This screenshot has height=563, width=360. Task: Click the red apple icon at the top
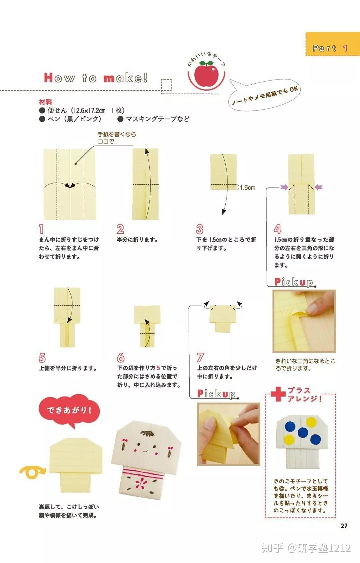click(x=206, y=75)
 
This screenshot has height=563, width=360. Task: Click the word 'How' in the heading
click(x=59, y=78)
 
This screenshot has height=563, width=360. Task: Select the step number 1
click(x=41, y=229)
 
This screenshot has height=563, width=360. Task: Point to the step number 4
click(x=278, y=229)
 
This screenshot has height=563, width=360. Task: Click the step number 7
click(x=200, y=357)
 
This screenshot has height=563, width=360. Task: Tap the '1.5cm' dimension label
click(x=247, y=188)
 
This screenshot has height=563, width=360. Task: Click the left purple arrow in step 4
click(x=284, y=187)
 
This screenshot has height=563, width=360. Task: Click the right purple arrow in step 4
click(x=319, y=187)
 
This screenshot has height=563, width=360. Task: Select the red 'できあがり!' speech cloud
click(x=69, y=410)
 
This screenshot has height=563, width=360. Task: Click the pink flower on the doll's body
click(x=141, y=482)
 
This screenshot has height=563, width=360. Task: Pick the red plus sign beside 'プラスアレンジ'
click(x=278, y=394)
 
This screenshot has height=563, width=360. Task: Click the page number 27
click(x=344, y=526)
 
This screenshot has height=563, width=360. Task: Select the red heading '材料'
click(x=46, y=102)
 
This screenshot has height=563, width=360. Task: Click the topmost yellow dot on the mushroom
click(x=311, y=422)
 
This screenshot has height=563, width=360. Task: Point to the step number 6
click(x=121, y=357)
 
